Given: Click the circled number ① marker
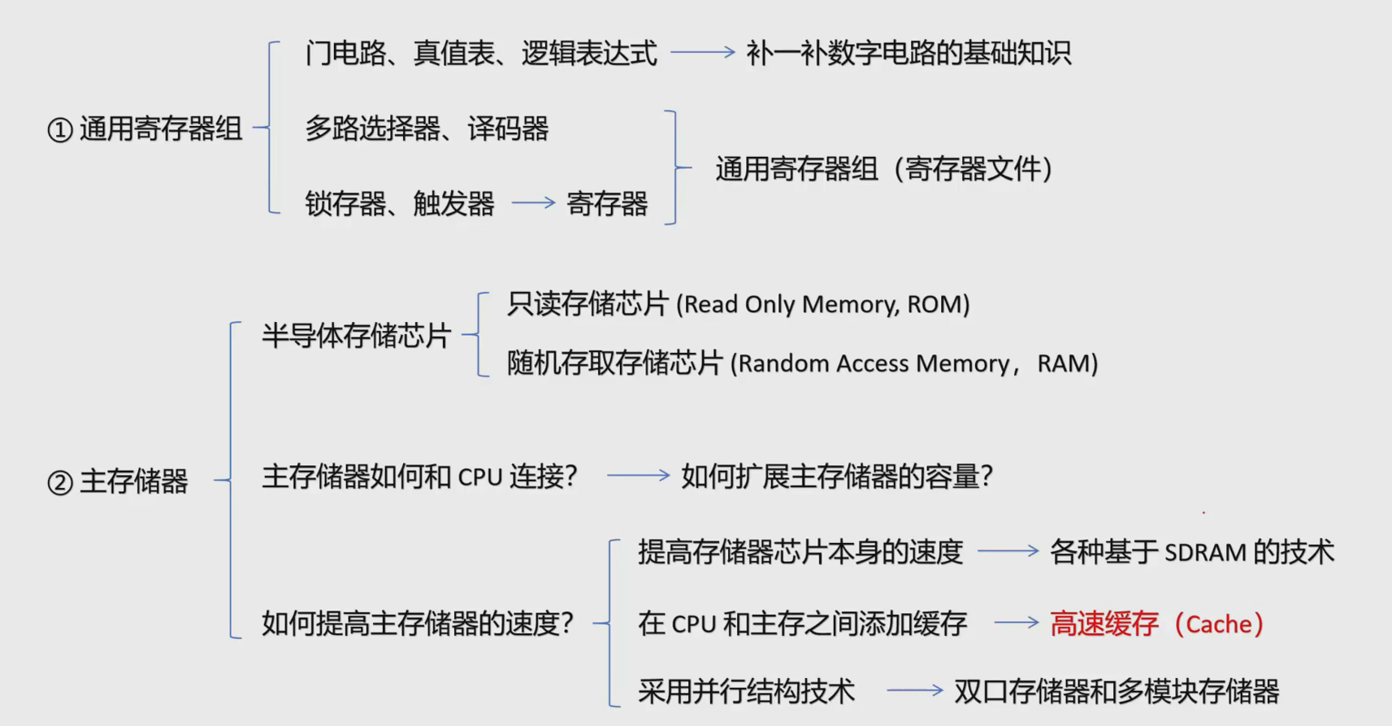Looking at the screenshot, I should [60, 130].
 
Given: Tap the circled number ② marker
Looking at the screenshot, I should [60, 483].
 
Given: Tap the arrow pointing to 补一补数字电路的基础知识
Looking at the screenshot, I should [702, 53].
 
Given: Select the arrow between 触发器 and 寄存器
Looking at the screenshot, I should [533, 203].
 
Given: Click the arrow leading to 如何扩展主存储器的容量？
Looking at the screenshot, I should [638, 476].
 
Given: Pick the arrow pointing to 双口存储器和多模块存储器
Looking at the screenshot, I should [914, 691].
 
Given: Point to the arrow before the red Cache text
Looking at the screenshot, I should [1016, 624].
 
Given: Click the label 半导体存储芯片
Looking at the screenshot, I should [356, 335].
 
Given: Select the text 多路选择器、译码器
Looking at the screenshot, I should [427, 128].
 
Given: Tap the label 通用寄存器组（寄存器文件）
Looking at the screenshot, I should [883, 169].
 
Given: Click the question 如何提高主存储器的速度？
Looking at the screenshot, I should [418, 624].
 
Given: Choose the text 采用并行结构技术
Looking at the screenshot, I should [746, 692].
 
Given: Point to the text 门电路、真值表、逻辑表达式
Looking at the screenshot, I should [481, 54].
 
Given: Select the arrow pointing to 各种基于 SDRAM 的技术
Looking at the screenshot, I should [1008, 551].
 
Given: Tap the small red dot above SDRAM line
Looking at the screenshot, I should [1203, 512].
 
